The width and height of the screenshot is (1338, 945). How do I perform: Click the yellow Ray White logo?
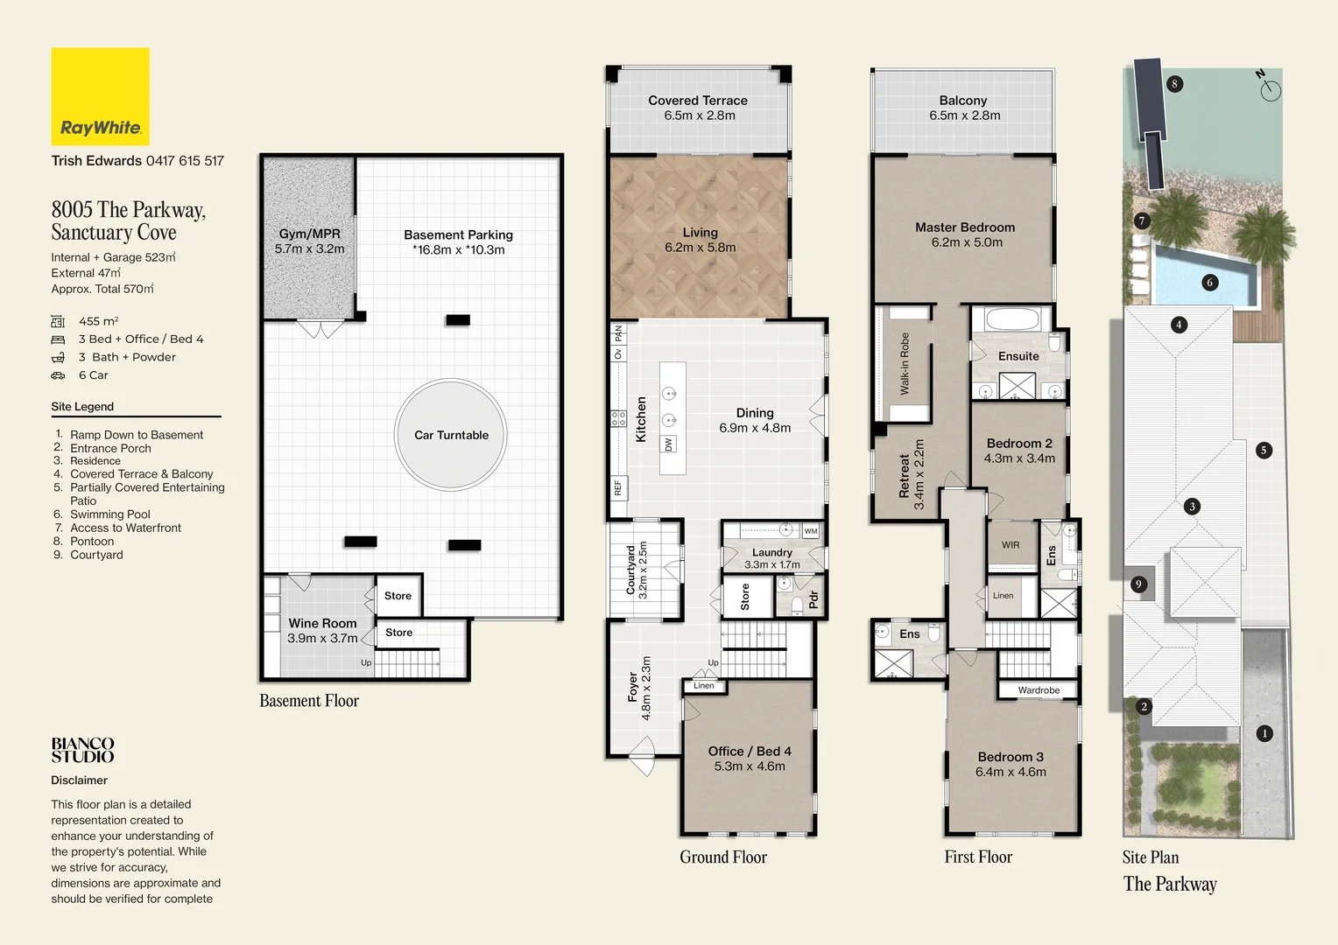(101, 97)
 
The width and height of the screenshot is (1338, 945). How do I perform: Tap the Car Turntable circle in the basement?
(451, 435)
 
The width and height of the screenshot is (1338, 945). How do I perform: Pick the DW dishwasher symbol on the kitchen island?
(668, 444)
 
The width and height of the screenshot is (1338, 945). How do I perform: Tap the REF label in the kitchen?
(618, 488)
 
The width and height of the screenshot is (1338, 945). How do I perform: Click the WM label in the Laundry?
(811, 531)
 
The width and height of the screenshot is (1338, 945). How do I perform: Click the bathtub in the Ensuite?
(1011, 319)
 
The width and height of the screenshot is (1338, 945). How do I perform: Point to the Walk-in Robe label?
(905, 363)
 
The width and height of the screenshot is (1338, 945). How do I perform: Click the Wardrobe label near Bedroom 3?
(1039, 690)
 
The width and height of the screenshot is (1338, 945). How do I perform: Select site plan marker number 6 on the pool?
(1210, 283)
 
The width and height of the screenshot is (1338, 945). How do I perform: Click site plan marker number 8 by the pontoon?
(1174, 84)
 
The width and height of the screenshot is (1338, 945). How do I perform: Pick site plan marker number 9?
(1138, 584)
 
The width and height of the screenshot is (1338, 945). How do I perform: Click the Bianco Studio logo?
(82, 751)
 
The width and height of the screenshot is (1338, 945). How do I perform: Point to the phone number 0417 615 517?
(185, 161)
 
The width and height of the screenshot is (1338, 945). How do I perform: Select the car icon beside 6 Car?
(58, 375)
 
